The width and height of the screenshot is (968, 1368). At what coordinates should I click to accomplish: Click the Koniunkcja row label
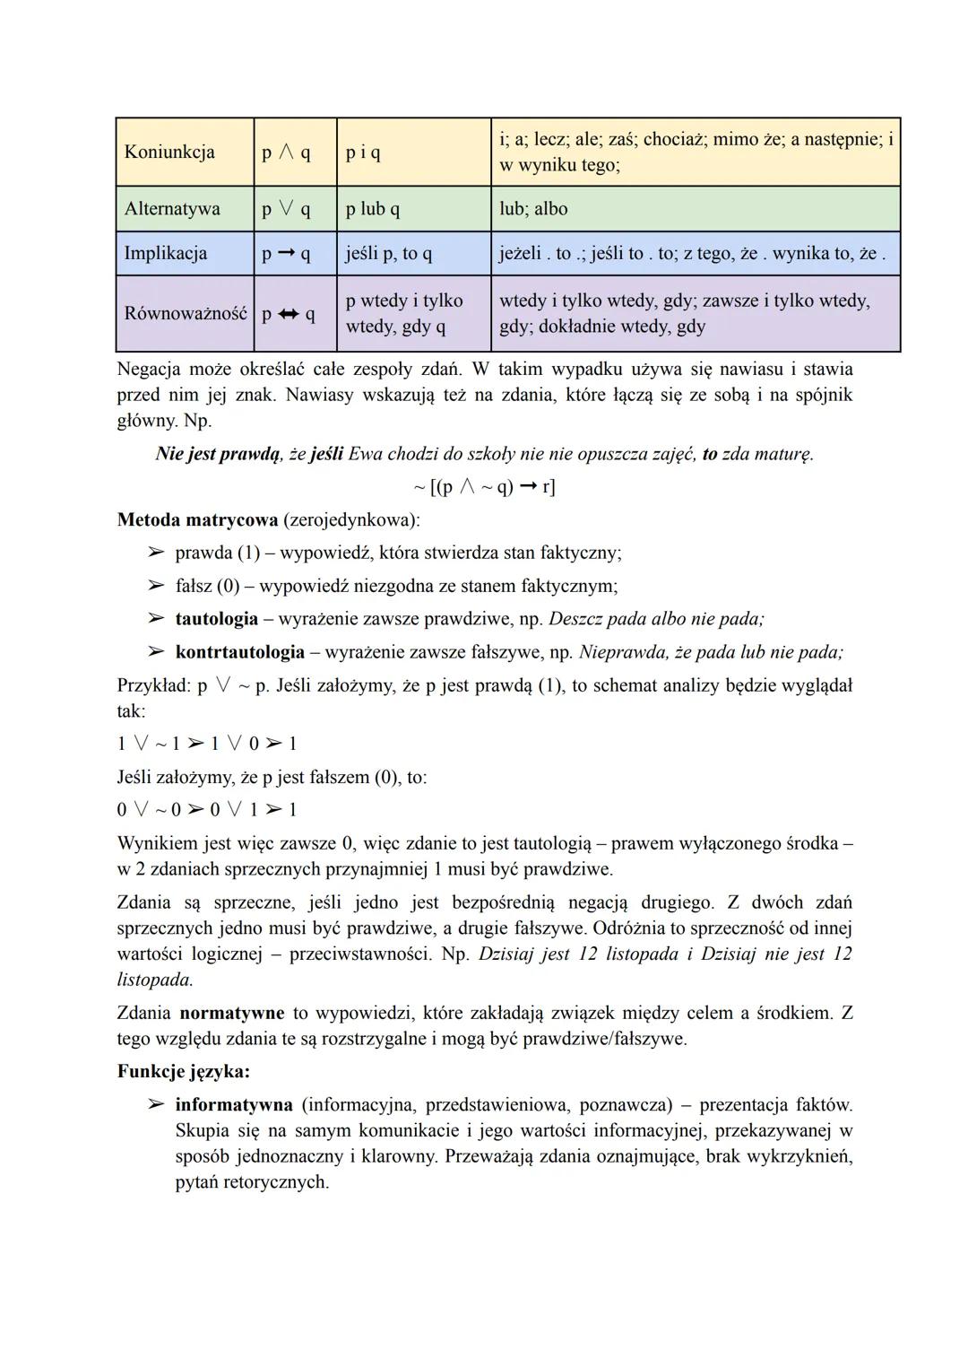point(169,152)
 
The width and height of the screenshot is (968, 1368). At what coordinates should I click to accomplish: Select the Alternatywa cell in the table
point(172,209)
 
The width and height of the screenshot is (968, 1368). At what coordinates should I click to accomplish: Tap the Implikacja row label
point(165,253)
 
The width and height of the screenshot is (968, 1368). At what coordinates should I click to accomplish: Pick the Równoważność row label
point(185,314)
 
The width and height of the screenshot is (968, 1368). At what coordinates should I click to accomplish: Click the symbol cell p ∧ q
point(286,152)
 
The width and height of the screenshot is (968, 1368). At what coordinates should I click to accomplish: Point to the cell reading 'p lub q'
point(373,209)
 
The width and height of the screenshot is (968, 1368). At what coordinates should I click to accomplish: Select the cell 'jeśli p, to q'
point(389,253)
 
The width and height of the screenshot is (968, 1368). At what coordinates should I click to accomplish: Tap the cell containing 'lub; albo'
point(533,209)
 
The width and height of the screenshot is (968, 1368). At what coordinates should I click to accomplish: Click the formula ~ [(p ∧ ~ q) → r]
point(484,487)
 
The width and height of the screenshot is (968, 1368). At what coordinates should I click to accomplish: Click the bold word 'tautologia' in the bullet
point(216,619)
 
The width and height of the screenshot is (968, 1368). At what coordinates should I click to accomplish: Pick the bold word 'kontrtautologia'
point(239,652)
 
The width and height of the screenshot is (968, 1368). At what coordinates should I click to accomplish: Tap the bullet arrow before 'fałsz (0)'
point(156,586)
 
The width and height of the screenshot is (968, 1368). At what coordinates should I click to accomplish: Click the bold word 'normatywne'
point(231,1013)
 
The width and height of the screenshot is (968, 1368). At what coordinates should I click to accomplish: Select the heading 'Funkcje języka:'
point(183,1071)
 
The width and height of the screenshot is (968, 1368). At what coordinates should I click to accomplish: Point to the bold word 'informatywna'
point(234,1104)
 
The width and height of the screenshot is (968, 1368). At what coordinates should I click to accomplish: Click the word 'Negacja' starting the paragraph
point(149,369)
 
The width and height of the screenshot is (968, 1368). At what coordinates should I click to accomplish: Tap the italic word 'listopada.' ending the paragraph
point(155,980)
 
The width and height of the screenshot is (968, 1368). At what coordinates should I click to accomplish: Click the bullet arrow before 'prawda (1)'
point(156,553)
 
